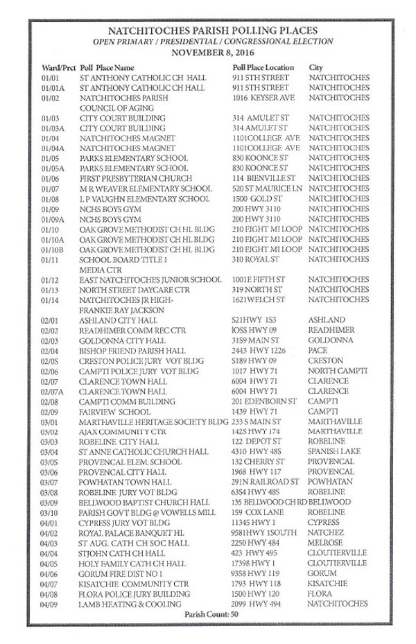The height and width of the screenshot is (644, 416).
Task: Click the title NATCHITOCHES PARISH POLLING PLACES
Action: coord(214,31)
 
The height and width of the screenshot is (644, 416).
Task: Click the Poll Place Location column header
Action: coord(264,68)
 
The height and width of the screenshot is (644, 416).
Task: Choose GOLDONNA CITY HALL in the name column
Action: coord(124,340)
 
